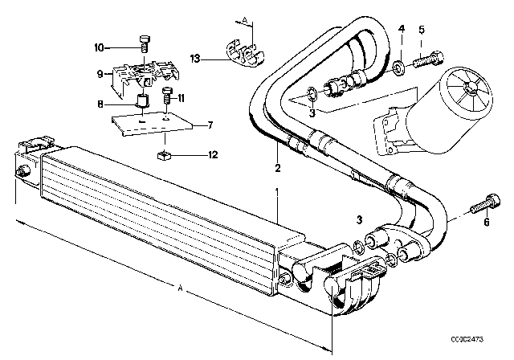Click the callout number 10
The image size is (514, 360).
[99, 48]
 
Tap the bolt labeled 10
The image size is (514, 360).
[145, 43]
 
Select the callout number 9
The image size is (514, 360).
[100, 74]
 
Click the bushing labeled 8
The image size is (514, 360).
[143, 100]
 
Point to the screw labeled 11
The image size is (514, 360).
[167, 95]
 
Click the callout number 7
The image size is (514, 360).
[210, 125]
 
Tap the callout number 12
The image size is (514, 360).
[213, 154]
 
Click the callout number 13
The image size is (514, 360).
[194, 59]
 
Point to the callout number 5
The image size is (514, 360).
[422, 30]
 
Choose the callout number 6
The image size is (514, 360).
[487, 223]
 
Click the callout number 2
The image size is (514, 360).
[278, 168]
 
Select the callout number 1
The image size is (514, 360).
[277, 192]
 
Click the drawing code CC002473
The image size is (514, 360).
[467, 339]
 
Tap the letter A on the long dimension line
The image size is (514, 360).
[180, 288]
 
